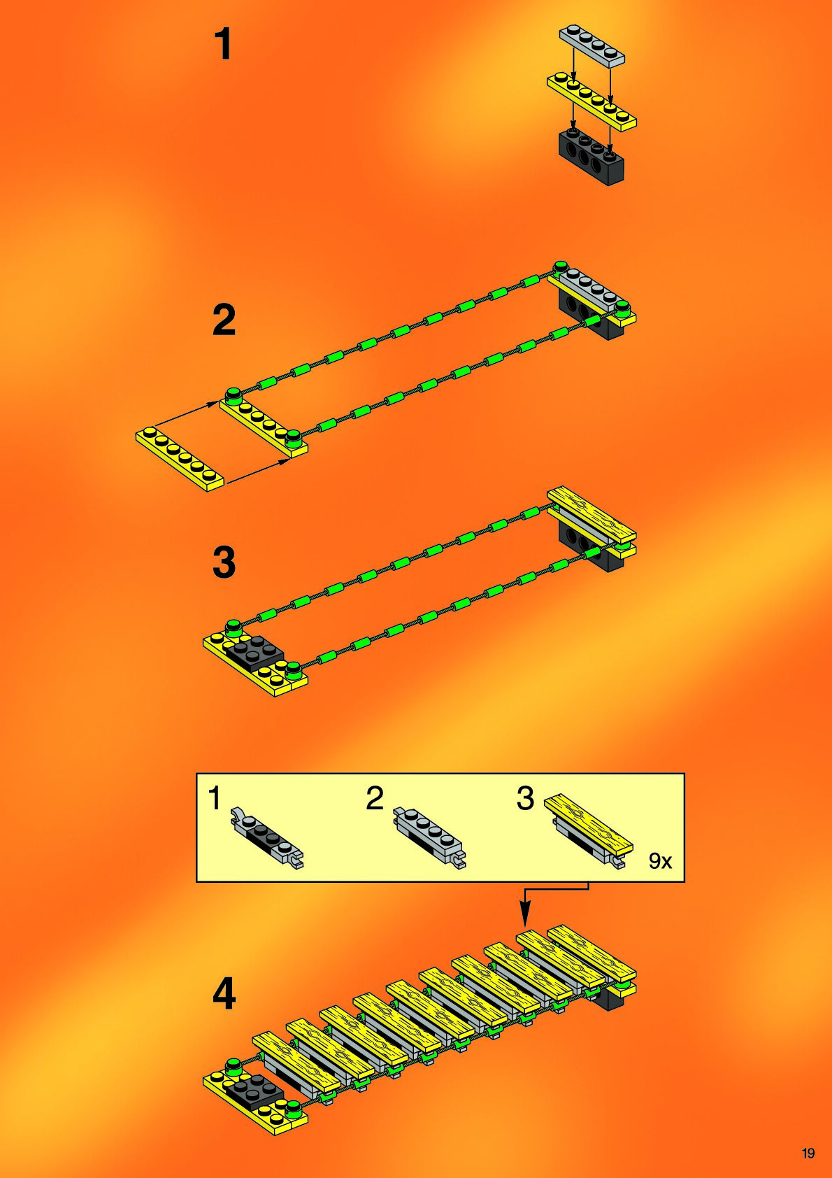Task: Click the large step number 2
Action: pos(224,320)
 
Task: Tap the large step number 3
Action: pos(224,562)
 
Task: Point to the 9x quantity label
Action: pos(660,861)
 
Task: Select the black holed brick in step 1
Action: pos(591,156)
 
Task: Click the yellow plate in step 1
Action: pos(591,101)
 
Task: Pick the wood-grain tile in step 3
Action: pos(591,516)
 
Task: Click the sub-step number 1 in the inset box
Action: pos(215,798)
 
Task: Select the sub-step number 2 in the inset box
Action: pos(375,798)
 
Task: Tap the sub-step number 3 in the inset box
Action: pos(525,798)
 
